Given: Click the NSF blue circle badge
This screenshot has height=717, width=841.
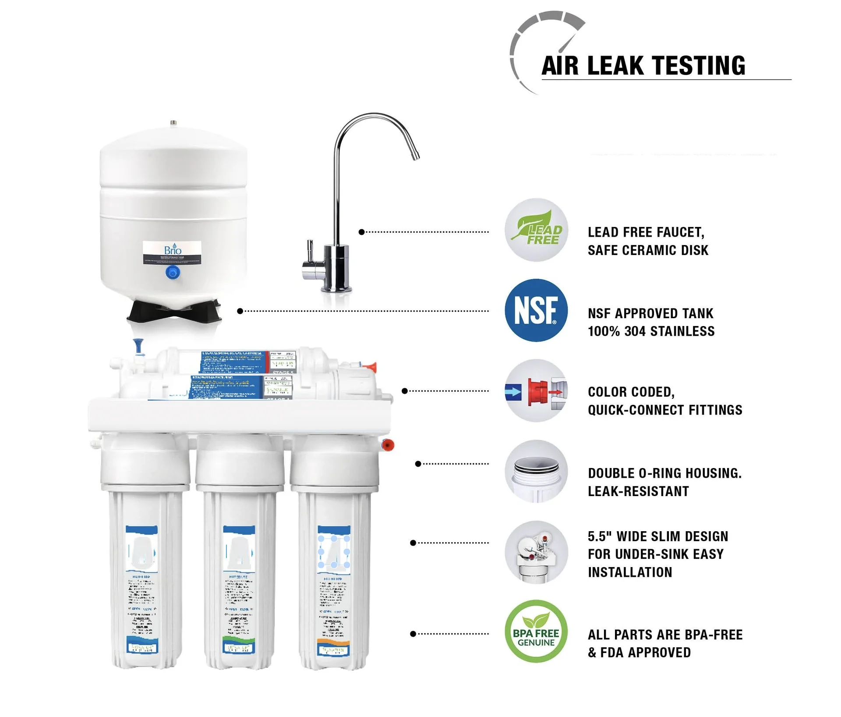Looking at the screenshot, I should click(x=536, y=310).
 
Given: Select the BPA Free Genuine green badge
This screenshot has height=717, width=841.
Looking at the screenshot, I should click(x=536, y=631).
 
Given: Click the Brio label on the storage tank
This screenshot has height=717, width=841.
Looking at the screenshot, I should click(x=172, y=253).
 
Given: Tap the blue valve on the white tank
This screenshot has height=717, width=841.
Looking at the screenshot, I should click(x=173, y=273).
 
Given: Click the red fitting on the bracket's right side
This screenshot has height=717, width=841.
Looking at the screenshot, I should click(x=388, y=445).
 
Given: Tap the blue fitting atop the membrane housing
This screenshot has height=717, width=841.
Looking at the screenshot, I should click(x=139, y=346).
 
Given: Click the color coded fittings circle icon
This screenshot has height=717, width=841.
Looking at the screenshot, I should click(x=536, y=390).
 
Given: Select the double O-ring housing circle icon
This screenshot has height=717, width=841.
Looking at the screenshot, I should click(x=536, y=472).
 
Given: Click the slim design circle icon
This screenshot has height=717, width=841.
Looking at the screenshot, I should click(x=536, y=552).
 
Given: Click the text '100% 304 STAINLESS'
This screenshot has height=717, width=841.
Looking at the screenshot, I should click(x=651, y=331).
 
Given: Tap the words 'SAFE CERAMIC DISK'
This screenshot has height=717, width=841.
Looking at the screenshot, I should click(x=648, y=250).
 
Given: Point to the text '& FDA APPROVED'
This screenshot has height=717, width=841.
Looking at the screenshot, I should click(x=639, y=653).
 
